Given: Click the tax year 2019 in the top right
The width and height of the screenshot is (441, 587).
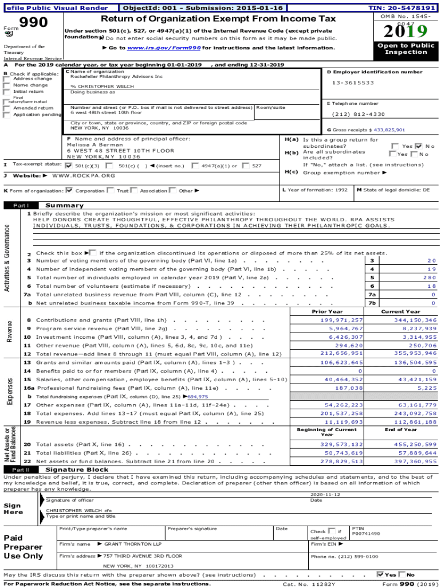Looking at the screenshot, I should pyautogui.click(x=406, y=32).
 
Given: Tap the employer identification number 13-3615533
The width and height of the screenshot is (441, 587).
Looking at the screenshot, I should pyautogui.click(x=353, y=83).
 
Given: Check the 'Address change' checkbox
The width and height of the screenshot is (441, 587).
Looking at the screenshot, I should pyautogui.click(x=7, y=79).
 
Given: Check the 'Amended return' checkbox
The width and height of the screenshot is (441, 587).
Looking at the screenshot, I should pyautogui.click(x=7, y=108).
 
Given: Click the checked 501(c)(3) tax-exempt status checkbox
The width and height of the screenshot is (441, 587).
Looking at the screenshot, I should pyautogui.click(x=69, y=165).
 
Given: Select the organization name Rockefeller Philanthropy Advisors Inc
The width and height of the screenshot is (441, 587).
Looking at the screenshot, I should pyautogui.click(x=116, y=76).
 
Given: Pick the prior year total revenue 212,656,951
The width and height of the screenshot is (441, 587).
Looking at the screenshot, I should pyautogui.click(x=341, y=354).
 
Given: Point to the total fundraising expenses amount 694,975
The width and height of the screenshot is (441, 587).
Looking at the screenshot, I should pyautogui.click(x=198, y=396).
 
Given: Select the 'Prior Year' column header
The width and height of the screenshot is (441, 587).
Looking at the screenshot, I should pyautogui.click(x=327, y=311).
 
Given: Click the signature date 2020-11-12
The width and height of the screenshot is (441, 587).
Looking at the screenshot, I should pyautogui.click(x=325, y=494).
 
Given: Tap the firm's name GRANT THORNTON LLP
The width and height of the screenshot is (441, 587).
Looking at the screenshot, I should pyautogui.click(x=133, y=543).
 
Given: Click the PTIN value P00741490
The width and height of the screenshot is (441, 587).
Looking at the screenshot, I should pyautogui.click(x=365, y=533).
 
